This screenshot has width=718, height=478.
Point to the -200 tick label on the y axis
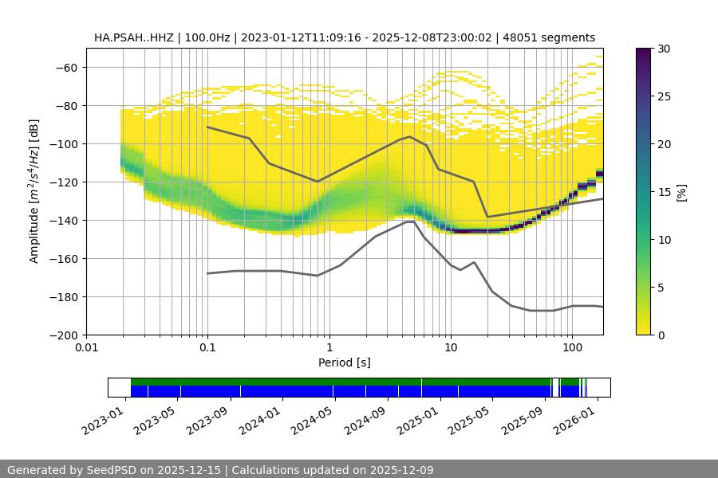[x=65, y=335]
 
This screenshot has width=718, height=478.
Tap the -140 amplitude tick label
[x=65, y=220]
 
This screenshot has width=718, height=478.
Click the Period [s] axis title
[x=344, y=362]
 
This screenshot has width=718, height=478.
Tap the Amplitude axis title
[x=34, y=191]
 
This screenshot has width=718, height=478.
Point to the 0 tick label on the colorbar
[x=662, y=335]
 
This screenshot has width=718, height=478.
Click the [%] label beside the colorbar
[x=681, y=191]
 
